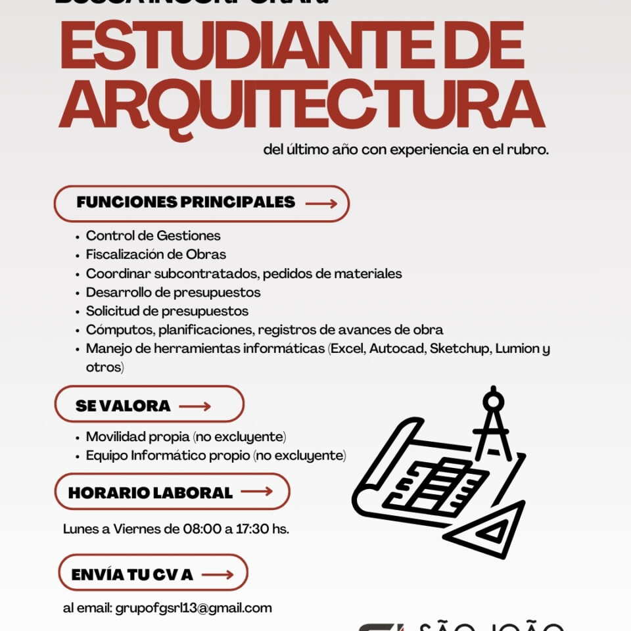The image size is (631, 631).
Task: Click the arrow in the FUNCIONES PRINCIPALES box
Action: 321,204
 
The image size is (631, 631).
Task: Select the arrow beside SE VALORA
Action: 195,406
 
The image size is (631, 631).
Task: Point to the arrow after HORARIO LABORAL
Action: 256,492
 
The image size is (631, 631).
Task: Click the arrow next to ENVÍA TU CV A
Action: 218,574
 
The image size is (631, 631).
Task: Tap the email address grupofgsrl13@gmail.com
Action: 193,608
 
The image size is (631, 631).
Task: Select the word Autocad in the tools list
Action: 398,348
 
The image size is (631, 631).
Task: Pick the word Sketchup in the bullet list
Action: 460,348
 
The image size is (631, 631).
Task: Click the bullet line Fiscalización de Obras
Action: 156,254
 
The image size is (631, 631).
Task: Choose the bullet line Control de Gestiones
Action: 153,235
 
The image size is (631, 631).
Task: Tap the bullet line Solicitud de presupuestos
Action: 167,311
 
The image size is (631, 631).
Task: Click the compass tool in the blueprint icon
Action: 493,424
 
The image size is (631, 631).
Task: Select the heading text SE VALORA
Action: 123,406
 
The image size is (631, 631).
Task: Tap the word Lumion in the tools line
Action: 518,348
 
